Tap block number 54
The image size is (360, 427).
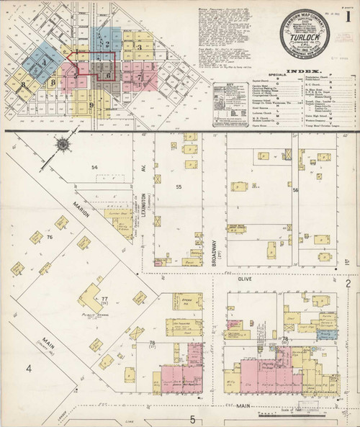click(94, 167)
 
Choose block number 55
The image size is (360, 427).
click(178, 186)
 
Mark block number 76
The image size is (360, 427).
click(50, 237)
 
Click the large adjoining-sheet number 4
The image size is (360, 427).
click(30, 369)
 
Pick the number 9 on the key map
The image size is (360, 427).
click(91, 106)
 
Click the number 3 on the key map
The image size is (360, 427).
click(138, 47)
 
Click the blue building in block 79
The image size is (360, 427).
click(328, 334)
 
